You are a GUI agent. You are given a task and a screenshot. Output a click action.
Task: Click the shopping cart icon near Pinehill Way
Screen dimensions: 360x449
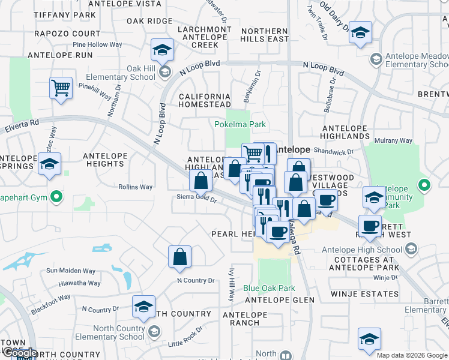61,88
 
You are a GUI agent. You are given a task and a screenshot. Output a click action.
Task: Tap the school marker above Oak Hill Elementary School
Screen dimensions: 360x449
161,51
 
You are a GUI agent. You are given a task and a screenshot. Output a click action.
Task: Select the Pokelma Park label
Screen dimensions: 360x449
240,125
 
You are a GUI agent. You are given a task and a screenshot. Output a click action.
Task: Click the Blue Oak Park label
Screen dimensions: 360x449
269,289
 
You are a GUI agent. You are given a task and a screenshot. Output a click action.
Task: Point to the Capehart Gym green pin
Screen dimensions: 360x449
56,196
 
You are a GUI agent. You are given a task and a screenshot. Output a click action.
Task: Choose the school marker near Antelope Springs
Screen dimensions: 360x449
49,164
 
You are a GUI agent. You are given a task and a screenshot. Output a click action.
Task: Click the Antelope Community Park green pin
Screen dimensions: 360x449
425,185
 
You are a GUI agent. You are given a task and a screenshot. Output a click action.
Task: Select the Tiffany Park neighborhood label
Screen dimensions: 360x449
65,14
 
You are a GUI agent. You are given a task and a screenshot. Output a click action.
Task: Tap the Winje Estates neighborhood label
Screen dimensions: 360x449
364,294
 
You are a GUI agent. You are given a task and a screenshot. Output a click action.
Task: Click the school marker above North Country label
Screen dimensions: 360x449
144,307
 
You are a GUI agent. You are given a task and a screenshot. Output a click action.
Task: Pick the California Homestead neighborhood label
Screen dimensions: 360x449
205,100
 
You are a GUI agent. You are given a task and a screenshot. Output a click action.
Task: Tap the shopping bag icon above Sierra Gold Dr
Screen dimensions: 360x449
200,180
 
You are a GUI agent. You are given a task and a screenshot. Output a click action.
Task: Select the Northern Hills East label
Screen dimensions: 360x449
265,35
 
